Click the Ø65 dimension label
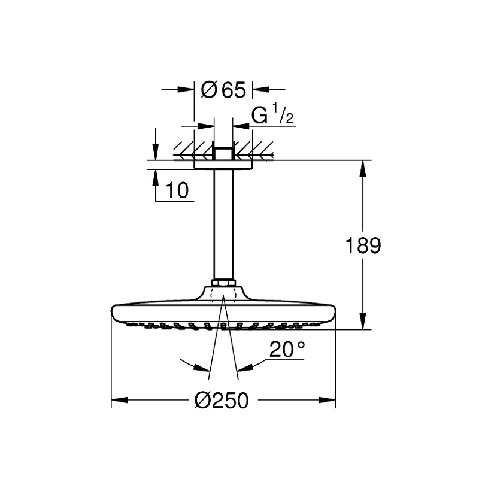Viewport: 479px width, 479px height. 223,89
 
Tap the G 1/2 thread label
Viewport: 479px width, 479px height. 272,114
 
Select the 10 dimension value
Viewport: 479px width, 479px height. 177,190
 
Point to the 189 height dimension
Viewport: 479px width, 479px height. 363,245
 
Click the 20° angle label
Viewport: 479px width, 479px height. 287,350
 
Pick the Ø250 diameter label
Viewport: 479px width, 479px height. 222,400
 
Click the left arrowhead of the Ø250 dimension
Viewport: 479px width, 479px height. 119,400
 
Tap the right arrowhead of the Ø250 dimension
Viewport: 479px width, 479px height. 327,400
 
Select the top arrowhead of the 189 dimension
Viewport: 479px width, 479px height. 363,168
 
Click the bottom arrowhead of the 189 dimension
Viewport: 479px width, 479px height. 363,321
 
